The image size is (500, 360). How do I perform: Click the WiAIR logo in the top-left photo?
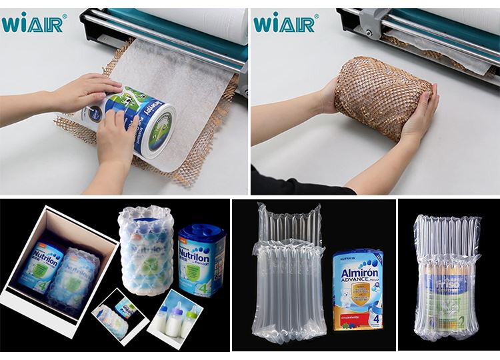click(33, 24)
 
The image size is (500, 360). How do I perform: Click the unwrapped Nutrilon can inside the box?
click(41, 267)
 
